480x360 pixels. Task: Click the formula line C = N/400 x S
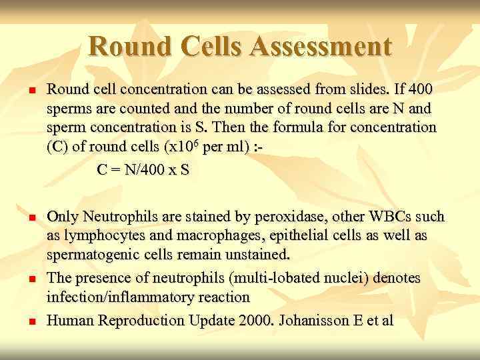(x=143, y=170)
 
